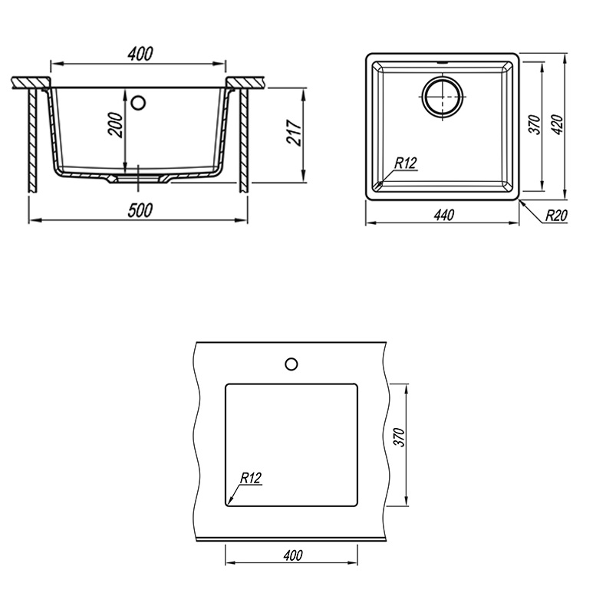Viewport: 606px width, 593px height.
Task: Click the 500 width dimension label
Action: click(140, 210)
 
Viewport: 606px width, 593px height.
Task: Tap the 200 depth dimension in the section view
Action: click(116, 124)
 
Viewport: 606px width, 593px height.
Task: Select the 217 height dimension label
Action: click(294, 133)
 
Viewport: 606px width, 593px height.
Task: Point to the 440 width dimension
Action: click(443, 215)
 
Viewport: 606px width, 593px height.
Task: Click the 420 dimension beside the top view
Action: click(558, 124)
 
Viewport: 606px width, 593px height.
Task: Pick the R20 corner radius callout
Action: click(556, 216)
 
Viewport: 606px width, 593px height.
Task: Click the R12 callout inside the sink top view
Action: click(406, 163)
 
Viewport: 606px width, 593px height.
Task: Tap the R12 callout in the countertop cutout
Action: click(251, 478)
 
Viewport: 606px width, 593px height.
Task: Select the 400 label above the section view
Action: click(140, 54)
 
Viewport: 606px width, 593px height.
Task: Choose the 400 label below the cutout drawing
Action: click(293, 555)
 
